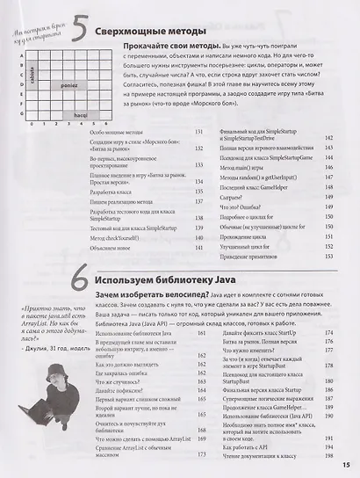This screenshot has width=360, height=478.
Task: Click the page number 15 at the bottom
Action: (345, 466)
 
